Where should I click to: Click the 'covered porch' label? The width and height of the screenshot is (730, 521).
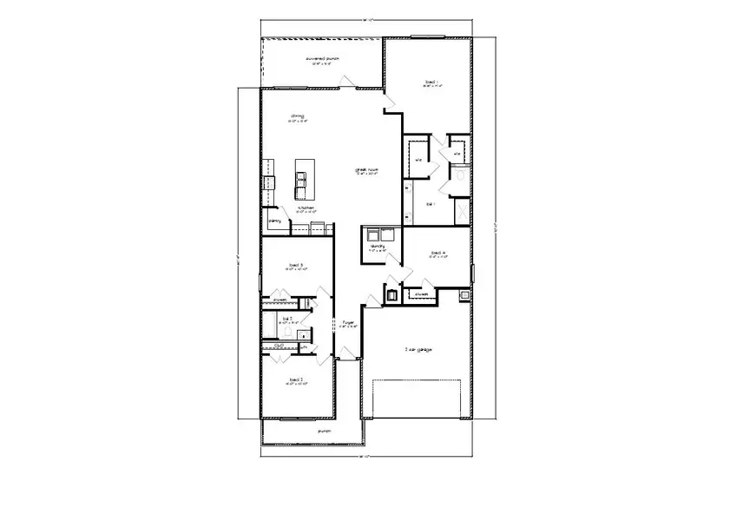pyautogui.click(x=321, y=60)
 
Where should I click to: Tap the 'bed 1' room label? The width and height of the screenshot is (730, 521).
pyautogui.click(x=432, y=82)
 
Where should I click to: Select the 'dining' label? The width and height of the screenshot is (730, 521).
pyautogui.click(x=297, y=116)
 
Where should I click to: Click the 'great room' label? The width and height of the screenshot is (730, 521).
pyautogui.click(x=365, y=170)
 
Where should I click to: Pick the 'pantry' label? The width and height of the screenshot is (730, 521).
pyautogui.click(x=275, y=221)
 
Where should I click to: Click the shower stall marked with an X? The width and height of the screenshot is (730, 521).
pyautogui.click(x=463, y=211)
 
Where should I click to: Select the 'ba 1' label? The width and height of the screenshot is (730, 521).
pyautogui.click(x=431, y=204)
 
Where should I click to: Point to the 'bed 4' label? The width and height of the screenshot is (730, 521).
pyautogui.click(x=437, y=254)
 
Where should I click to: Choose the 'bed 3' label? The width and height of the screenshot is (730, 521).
pyautogui.click(x=295, y=265)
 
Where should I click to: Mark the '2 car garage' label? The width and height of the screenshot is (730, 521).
pyautogui.click(x=418, y=349)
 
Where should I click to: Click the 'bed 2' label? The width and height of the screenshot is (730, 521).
pyautogui.click(x=295, y=379)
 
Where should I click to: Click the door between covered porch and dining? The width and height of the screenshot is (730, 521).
pyautogui.click(x=345, y=83)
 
